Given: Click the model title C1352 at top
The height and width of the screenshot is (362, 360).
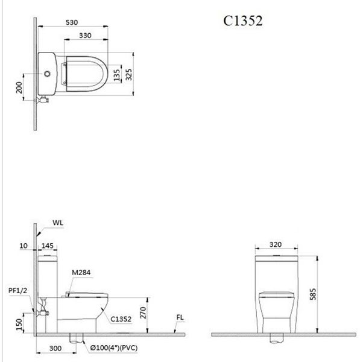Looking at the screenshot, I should pos(243,20).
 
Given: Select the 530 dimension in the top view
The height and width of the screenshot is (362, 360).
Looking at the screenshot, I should pos(71,22).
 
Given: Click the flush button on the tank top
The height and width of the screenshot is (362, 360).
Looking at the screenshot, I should pos(48,74).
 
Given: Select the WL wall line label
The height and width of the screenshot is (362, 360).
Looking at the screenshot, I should pos(58,223).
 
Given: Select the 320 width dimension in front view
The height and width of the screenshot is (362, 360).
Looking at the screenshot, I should pos(275,245).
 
